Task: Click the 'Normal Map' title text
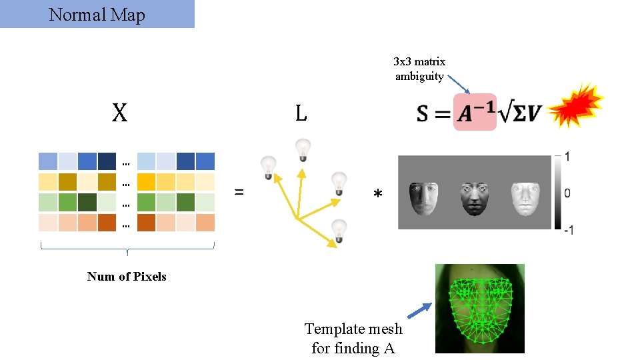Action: tap(97, 15)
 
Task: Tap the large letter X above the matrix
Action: tap(119, 114)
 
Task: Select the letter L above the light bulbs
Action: tap(301, 114)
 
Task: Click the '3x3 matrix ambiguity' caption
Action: tap(419, 69)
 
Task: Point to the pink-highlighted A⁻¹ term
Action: tap(475, 112)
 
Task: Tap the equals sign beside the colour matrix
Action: tap(239, 193)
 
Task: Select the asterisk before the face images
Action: tap(378, 195)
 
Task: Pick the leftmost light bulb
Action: tap(268, 166)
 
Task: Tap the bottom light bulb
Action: tap(339, 231)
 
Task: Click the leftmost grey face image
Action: tap(421, 198)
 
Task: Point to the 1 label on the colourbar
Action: tap(567, 157)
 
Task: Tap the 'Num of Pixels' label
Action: tap(127, 277)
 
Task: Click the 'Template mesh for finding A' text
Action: tap(353, 338)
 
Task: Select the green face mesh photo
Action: tap(479, 308)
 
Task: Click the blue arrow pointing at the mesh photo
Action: tap(417, 311)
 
